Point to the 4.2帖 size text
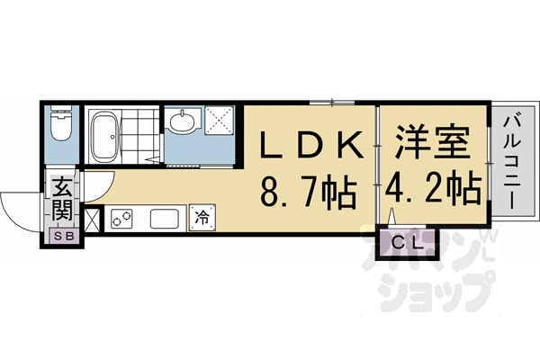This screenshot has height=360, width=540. (x=433, y=191)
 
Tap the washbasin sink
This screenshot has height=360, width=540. (x=184, y=121)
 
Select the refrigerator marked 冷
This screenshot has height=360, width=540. (x=202, y=216)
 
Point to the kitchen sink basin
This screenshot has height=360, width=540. (x=164, y=218)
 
